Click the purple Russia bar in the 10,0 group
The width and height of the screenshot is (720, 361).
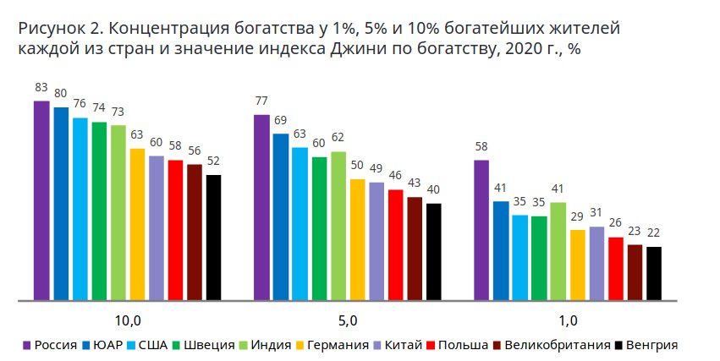click(41, 200)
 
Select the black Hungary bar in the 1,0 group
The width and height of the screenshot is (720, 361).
click(653, 273)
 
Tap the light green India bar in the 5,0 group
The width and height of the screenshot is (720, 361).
click(338, 226)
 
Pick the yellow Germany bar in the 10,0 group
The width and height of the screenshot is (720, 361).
click(137, 224)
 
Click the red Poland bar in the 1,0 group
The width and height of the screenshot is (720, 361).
click(615, 268)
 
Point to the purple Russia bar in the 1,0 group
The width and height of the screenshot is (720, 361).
click(481, 230)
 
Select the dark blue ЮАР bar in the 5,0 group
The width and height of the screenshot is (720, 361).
click(281, 216)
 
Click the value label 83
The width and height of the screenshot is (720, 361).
click(41, 87)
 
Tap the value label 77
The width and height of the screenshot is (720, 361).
click(261, 101)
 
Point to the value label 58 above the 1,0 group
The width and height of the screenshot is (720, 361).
click(481, 147)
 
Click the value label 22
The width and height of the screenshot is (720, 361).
click(653, 233)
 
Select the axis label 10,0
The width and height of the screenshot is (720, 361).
click(128, 321)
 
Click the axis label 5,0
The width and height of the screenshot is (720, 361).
click(348, 321)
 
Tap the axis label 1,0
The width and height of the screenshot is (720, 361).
click(568, 321)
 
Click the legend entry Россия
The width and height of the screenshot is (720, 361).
click(56, 345)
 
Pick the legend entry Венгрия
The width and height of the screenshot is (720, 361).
click(652, 345)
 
